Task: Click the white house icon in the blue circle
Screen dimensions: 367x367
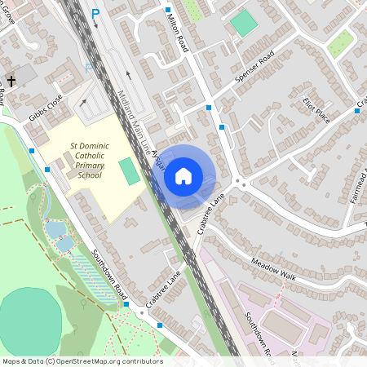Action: coord(183,175)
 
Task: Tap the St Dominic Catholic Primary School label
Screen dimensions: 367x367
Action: coord(85,161)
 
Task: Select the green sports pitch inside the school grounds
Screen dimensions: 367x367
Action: coord(129,171)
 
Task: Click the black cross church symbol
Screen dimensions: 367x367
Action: coord(11,82)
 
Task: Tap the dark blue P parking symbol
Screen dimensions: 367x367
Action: coord(96,14)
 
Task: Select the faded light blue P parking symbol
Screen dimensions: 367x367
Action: coord(88,69)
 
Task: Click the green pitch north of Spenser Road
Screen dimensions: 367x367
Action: coord(243,22)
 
